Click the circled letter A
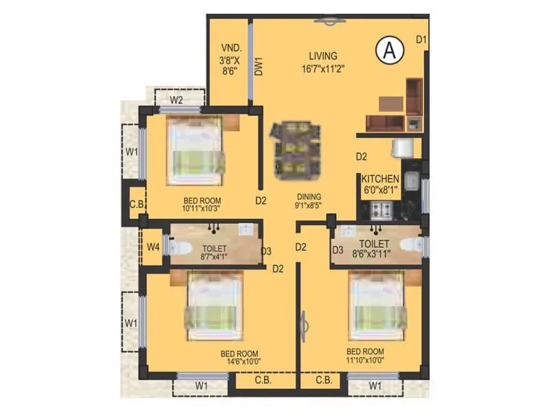(x=390, y=50)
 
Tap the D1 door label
(x=421, y=40)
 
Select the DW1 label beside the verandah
(x=259, y=66)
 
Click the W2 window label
(x=177, y=100)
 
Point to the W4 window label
(x=152, y=246)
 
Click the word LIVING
(x=322, y=56)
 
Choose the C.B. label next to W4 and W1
(x=135, y=204)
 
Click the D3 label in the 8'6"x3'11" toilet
(x=338, y=251)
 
